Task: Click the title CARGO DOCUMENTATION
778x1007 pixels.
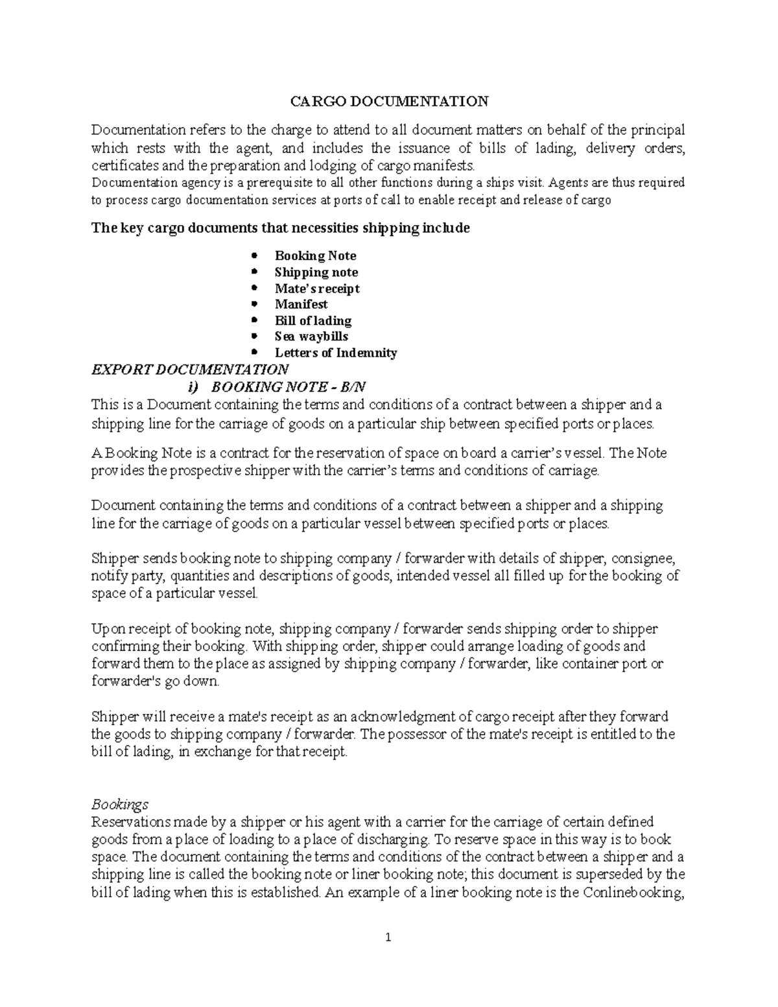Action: point(388,101)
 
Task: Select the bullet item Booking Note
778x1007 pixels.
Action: point(315,256)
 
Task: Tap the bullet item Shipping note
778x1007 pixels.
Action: point(316,272)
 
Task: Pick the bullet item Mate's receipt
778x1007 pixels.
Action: point(316,289)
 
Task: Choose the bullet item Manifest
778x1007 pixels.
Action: point(301,304)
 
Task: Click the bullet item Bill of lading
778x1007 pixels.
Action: point(312,320)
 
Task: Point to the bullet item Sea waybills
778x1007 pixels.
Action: point(311,337)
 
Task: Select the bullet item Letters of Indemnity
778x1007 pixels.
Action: point(335,353)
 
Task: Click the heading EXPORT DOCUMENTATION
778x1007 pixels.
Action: point(190,370)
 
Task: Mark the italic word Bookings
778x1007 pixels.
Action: point(120,805)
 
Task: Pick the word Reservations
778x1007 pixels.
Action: point(131,822)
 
